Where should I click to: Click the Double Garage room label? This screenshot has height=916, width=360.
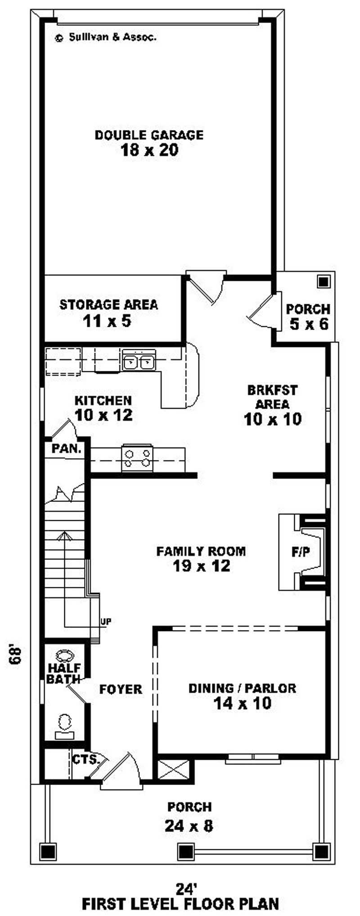(148, 135)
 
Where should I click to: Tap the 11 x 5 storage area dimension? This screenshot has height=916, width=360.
(107, 321)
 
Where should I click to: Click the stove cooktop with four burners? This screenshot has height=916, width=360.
(137, 458)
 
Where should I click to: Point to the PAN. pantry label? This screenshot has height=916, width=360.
(67, 449)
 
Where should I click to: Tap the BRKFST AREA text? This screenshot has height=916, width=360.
(272, 396)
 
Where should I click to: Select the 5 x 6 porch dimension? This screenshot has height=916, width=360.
(309, 324)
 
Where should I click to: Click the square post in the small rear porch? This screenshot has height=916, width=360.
(323, 282)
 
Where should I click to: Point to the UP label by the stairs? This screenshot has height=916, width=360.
(106, 622)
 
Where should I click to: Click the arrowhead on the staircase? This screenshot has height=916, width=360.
(64, 535)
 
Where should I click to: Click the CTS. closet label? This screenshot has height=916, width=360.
(85, 760)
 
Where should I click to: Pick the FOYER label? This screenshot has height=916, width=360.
(121, 689)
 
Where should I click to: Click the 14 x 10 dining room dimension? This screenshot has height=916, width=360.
(242, 703)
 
